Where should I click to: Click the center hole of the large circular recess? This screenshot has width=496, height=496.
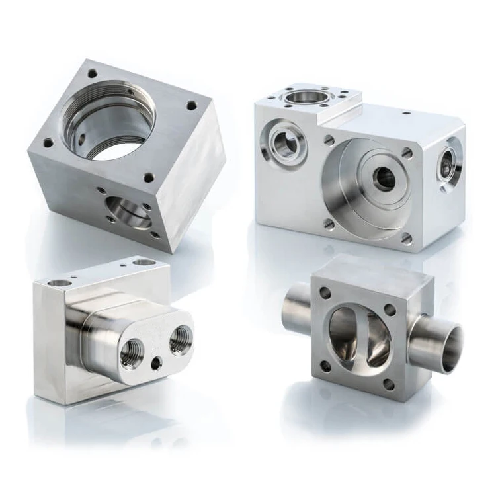[384, 178]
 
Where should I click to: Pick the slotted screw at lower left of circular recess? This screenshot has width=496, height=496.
[329, 224]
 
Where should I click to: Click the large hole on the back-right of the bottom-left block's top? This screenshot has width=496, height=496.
[144, 263]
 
